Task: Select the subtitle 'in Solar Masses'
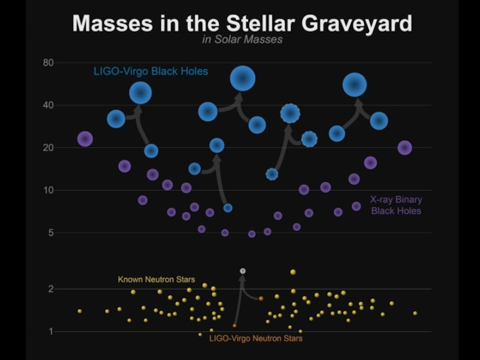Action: point(242,40)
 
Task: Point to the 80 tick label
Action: point(48,62)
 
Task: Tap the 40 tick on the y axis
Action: point(48,105)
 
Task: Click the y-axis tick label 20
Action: point(48,148)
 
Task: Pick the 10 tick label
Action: point(48,190)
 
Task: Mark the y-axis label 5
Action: point(50,233)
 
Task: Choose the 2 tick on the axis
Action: point(50,289)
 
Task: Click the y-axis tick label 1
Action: point(50,332)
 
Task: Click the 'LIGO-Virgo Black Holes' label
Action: point(151,71)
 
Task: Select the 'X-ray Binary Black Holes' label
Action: point(396,205)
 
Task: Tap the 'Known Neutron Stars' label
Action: point(156,280)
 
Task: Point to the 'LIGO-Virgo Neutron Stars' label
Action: point(256,338)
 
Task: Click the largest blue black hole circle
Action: point(243,78)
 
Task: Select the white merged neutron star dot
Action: point(242,271)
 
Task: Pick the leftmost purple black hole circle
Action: point(85,139)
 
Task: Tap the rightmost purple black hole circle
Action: point(405,148)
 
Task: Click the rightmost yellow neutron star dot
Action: point(415,313)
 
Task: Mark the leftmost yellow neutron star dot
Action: point(79,311)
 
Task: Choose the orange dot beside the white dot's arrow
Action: point(261,298)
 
